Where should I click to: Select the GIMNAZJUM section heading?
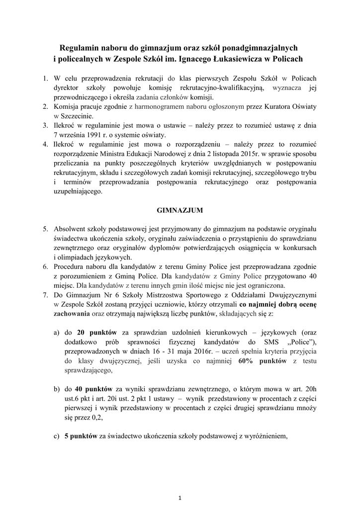click(180, 210)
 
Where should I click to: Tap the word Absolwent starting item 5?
click(72, 229)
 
